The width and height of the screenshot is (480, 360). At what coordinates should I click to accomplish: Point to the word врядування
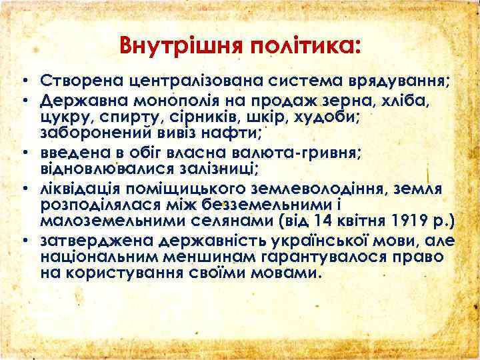pyautogui.click(x=396, y=82)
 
